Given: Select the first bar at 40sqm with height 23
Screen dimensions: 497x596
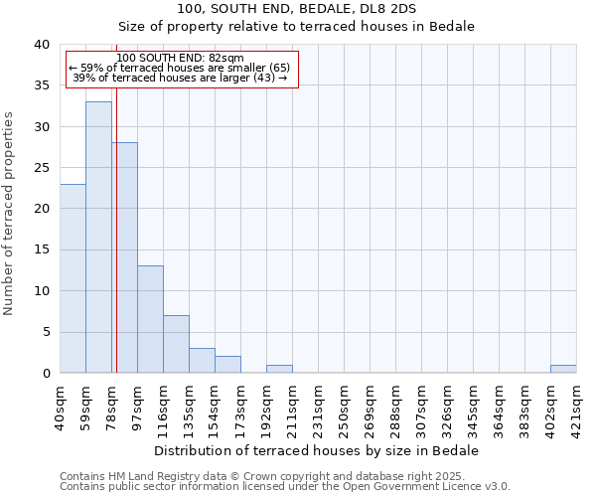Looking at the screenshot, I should (73, 278).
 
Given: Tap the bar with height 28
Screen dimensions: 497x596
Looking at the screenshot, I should (125, 257).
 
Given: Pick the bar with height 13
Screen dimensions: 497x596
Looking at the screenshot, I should (150, 319).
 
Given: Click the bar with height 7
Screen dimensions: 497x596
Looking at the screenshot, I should (176, 344).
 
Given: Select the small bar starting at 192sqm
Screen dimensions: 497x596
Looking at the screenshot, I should (279, 369).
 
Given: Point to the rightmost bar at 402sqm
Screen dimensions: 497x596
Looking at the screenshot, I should (563, 369).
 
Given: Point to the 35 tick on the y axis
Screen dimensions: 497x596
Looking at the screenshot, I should (42, 85).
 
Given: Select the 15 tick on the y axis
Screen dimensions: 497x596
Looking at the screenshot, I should (42, 249).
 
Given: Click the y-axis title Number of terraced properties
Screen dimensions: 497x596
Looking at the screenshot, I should (9, 214).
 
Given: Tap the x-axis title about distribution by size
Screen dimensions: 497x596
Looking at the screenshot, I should (317, 450).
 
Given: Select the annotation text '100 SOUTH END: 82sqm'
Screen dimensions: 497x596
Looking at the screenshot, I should (180, 59).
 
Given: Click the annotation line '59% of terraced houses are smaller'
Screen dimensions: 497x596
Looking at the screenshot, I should (180, 68).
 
